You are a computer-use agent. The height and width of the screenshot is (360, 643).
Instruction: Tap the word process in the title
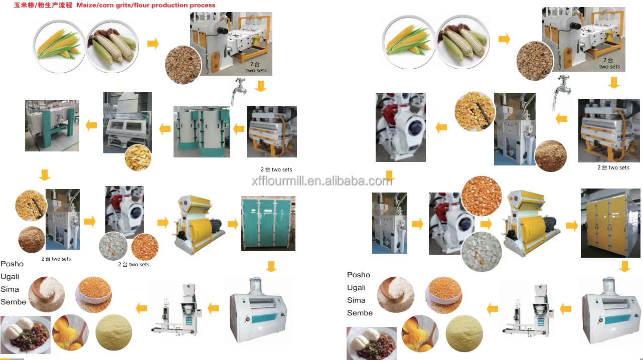[x=203, y=6]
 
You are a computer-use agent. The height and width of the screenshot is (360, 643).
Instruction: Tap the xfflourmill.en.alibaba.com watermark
[x=321, y=181]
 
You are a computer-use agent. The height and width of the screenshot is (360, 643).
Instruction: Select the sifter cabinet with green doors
[x=268, y=224]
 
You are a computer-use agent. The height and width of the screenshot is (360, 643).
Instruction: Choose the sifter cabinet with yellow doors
[x=609, y=223]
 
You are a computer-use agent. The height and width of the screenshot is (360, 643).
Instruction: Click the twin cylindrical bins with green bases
[x=202, y=131]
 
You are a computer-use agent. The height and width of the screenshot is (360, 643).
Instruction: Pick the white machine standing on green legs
[x=52, y=125]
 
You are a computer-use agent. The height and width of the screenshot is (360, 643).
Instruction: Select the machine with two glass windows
[x=127, y=122]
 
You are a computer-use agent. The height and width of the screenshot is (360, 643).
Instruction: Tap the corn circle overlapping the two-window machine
[x=138, y=157]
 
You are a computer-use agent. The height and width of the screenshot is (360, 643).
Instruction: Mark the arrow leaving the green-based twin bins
[x=165, y=129]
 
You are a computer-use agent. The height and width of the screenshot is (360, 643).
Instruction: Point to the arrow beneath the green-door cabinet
[x=271, y=266]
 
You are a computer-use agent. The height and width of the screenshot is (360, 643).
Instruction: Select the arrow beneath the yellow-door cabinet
[x=624, y=266]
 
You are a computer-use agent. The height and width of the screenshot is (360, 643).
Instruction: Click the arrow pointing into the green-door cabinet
[x=233, y=224]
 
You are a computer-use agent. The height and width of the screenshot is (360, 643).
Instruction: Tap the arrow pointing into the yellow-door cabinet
[x=572, y=226]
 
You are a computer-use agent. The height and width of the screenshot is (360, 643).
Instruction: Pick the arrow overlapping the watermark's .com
[x=389, y=176]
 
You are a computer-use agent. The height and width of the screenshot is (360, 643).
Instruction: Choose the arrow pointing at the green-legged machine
[x=91, y=125]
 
